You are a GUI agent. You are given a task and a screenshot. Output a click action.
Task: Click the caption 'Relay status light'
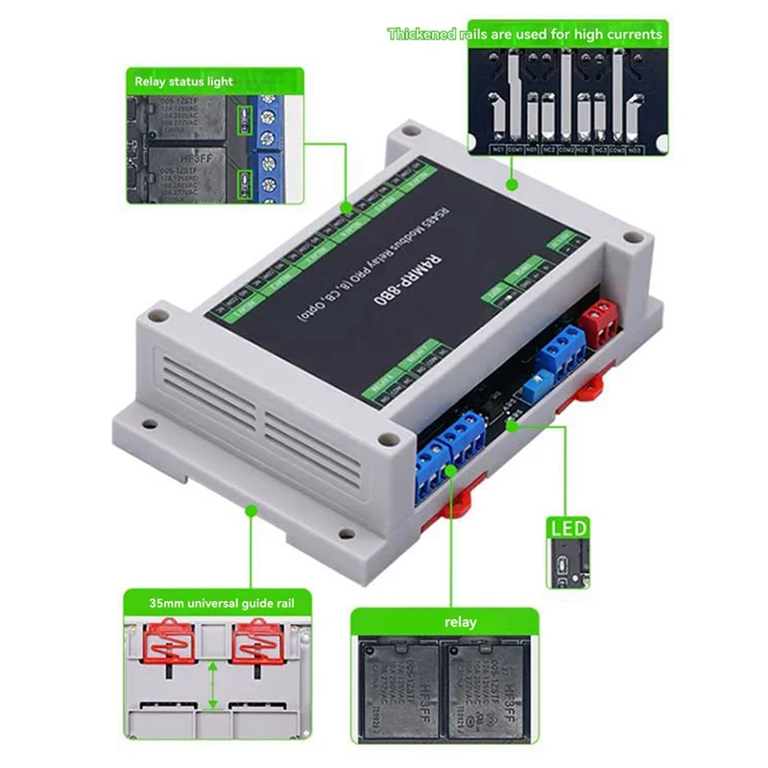tap(183, 82)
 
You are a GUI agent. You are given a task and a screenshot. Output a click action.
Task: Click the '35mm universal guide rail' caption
tap(216, 604)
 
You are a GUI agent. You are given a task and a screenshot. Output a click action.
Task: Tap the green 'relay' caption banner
tap(459, 622)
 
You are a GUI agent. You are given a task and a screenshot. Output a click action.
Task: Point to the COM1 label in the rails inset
tap(516, 149)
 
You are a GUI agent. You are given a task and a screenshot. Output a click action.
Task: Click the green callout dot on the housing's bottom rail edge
tap(252, 513)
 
